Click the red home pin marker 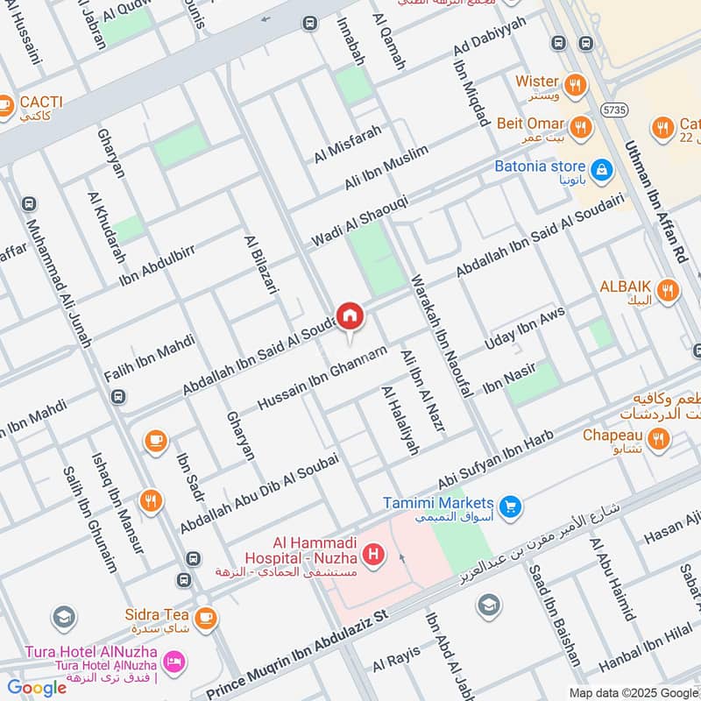350,315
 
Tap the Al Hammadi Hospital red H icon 374,555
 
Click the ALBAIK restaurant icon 668,291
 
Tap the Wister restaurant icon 576,85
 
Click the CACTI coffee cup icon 5,104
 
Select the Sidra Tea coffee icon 205,619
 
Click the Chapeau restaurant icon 659,438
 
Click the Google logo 37,688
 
